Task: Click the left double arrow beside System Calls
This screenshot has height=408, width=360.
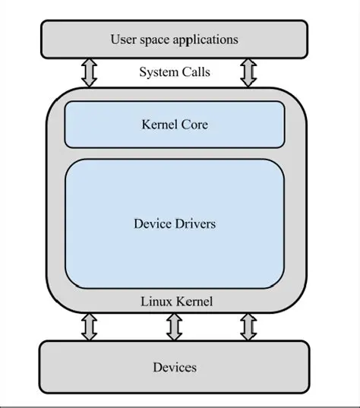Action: tap(90, 73)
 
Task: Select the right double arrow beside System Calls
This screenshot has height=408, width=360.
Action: tap(248, 73)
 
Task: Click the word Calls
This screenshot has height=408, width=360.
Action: tap(195, 73)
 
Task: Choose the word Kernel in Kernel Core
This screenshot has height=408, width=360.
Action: tap(159, 124)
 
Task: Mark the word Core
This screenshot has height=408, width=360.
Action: tap(194, 124)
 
